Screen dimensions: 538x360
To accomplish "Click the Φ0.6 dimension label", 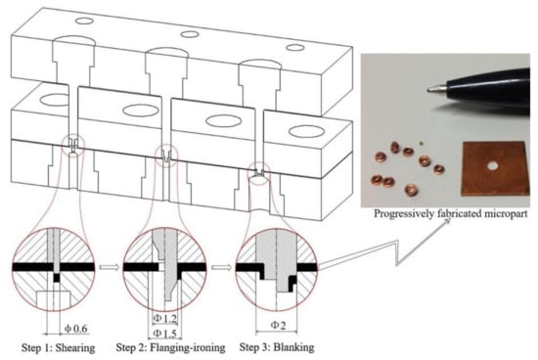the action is pos(76,329).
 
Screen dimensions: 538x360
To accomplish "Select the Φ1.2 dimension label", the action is pos(165,319).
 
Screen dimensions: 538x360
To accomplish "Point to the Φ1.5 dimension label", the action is pos(165,334).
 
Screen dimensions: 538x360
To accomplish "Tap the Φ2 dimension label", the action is pos(278,325).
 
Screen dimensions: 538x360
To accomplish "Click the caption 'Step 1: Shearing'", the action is pos(59,347).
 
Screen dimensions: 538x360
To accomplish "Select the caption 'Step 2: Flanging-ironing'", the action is pos(170,347).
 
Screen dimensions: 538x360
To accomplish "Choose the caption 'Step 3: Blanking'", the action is pos(277,347).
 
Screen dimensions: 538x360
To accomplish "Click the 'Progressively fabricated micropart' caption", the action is pos(450,213).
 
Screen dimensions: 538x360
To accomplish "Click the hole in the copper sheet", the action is pos(493,166).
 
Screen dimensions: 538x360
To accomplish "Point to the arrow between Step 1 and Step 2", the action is pos(110,267).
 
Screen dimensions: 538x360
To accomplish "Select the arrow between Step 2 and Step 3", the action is pos(221,267).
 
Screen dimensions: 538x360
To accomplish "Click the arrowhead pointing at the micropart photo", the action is pos(447,222).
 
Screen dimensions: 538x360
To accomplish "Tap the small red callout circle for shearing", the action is pos(73,146).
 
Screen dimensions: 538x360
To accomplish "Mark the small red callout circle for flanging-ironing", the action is pos(166,156).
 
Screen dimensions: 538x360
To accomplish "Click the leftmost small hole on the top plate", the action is pos(84,21).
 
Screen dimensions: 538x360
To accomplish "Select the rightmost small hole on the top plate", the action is pos(295,47).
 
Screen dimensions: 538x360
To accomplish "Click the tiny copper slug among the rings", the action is pos(422,144).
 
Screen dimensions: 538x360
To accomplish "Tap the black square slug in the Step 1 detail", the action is pos(57,277).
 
